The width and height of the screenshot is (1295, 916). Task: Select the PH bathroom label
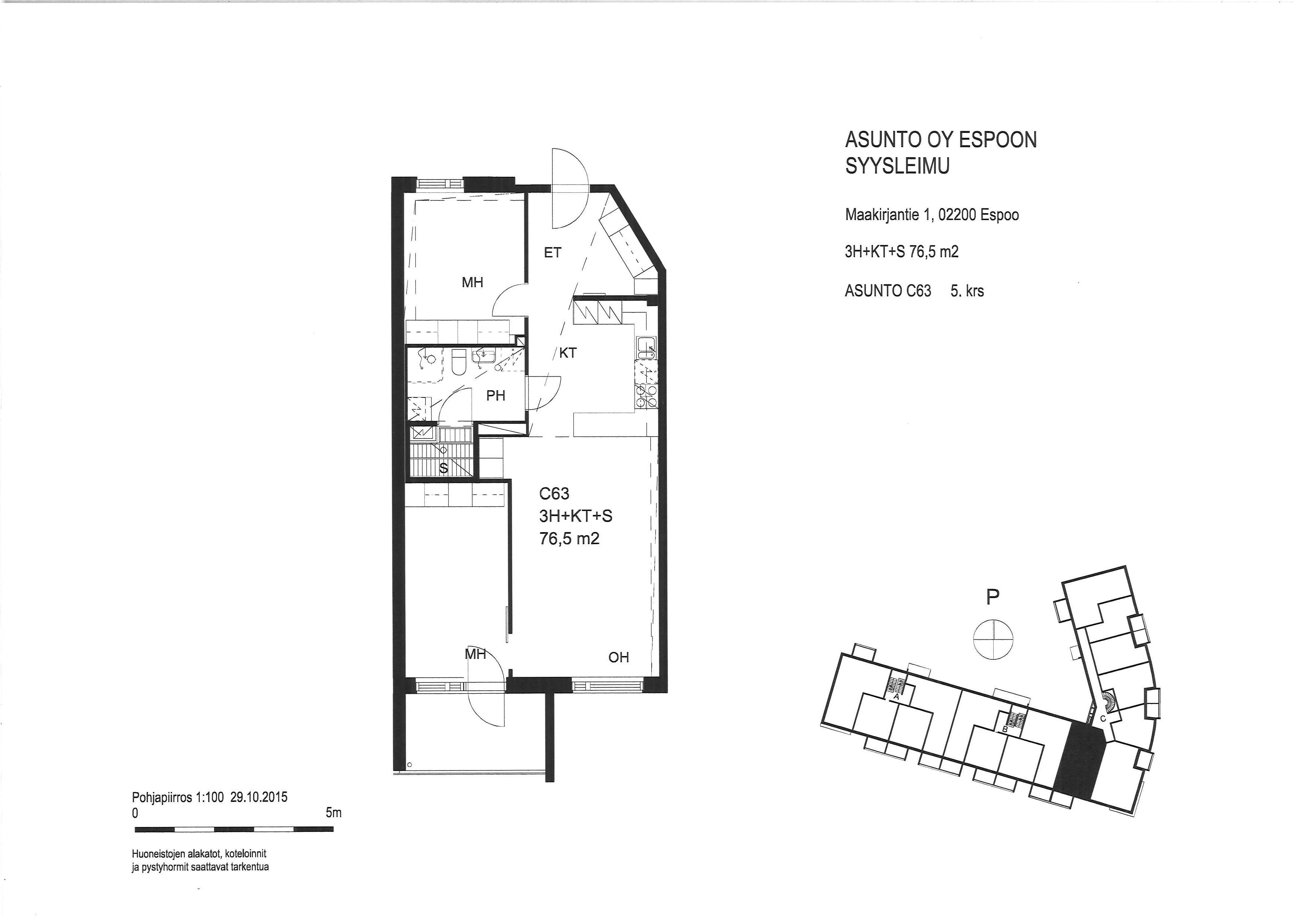[496, 396]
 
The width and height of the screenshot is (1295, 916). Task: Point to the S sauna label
[444, 468]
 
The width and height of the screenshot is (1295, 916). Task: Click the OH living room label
[619, 657]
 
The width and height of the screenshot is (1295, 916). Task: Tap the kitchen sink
[645, 348]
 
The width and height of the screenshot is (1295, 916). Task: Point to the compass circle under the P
[993, 639]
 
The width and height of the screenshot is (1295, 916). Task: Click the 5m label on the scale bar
[333, 813]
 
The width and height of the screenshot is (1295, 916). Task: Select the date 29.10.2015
[259, 797]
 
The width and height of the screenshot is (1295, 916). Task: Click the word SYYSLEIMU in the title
[897, 166]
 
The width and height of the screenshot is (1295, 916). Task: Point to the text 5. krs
[967, 291]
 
